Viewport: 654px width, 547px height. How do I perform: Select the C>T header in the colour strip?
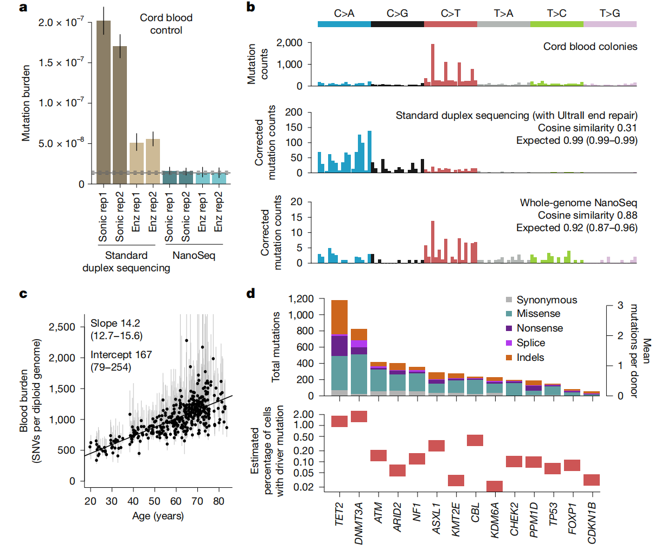(x=450, y=14)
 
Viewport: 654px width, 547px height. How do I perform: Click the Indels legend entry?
(x=530, y=358)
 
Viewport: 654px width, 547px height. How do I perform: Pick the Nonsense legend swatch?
(x=509, y=328)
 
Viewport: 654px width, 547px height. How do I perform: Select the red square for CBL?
(x=475, y=440)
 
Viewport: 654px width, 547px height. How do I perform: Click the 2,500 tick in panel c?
(x=62, y=327)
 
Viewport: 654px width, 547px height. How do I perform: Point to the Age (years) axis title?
(x=158, y=516)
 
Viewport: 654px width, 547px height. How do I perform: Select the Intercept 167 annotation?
(x=121, y=355)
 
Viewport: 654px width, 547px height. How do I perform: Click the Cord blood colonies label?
(x=590, y=47)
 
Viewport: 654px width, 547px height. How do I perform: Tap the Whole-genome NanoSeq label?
(x=579, y=203)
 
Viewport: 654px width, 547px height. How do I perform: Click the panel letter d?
(x=251, y=294)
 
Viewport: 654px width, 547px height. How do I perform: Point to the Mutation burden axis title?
(x=26, y=103)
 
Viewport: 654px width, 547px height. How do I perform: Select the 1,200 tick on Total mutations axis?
(x=301, y=299)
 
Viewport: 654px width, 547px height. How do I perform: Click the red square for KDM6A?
(x=495, y=486)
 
